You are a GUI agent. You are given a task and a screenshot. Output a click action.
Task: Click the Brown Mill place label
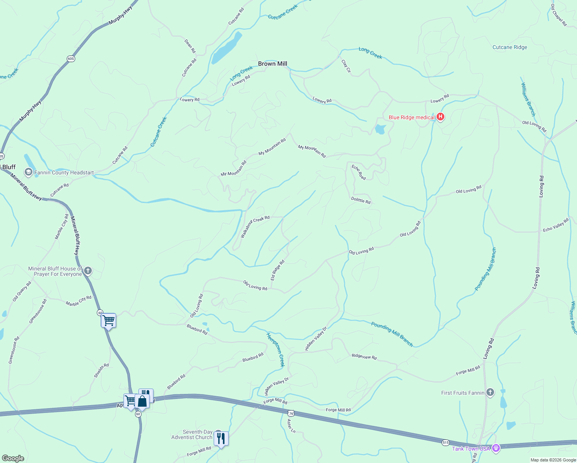(272, 64)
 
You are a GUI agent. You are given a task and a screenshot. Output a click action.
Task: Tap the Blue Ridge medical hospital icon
(440, 117)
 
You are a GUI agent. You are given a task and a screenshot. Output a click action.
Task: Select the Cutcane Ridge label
(510, 47)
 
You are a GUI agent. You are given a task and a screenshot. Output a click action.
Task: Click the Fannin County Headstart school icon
(28, 172)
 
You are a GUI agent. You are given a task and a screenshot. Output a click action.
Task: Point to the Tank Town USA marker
(496, 448)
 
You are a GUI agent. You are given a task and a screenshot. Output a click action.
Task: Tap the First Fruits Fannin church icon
(490, 393)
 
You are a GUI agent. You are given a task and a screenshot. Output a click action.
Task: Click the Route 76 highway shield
(291, 413)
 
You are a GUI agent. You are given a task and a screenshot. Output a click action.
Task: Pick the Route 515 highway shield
(446, 443)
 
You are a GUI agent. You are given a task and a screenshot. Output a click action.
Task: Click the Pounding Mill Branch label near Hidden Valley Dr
(392, 334)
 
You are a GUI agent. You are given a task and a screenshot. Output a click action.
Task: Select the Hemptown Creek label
(275, 350)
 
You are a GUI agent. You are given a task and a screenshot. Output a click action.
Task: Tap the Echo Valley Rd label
(556, 225)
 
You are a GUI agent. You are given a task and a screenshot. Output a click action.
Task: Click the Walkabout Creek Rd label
(255, 227)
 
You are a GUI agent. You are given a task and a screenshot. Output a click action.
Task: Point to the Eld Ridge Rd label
(277, 270)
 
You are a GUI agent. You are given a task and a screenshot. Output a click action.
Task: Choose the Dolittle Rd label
(361, 200)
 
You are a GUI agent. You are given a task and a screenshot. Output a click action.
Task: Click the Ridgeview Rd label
(364, 357)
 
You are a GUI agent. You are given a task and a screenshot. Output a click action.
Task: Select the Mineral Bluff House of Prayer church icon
(88, 271)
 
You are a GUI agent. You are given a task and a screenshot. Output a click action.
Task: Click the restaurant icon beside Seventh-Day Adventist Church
(221, 438)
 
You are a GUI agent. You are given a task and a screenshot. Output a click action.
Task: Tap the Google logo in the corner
(13, 458)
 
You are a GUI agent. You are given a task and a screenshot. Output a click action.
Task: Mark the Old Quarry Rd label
(22, 291)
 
